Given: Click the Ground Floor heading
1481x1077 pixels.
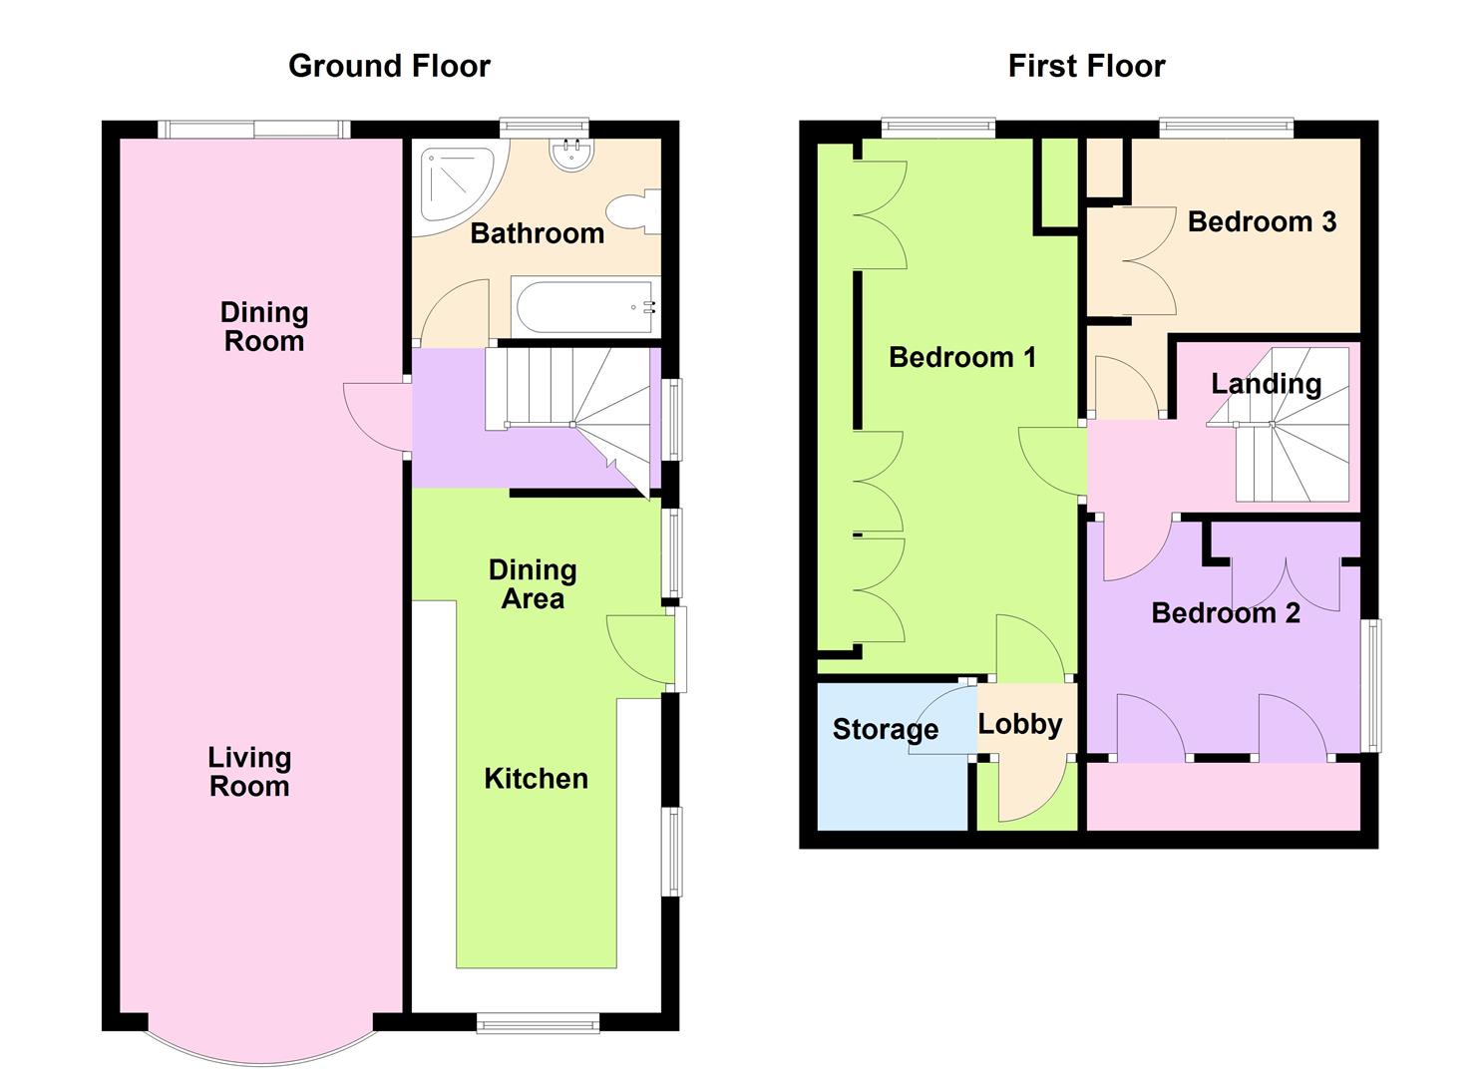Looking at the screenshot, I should point(389,66).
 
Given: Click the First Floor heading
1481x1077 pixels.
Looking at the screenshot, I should point(1086,66).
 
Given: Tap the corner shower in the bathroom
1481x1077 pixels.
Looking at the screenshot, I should point(453,182).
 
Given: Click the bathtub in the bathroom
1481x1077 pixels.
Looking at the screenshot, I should point(585,307).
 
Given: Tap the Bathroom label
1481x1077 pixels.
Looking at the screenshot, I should point(537,233).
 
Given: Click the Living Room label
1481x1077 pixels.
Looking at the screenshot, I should point(249,772).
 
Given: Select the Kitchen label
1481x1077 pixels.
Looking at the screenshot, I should point(536,779).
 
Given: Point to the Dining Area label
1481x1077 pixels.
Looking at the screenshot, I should point(532,584).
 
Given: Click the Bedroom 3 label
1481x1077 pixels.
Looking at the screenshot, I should point(1262,221).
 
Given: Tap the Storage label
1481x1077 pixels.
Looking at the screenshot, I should point(885,729).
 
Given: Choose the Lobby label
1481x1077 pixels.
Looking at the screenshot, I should point(1019,724).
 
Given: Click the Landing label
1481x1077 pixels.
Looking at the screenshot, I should point(1266,383).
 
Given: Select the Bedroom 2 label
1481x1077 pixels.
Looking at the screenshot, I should point(1225,612).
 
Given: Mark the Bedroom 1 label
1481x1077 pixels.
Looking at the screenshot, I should point(962,357).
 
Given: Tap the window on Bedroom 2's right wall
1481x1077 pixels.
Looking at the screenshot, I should point(1373,685).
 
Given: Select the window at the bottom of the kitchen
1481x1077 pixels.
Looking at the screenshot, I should point(538,1022).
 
